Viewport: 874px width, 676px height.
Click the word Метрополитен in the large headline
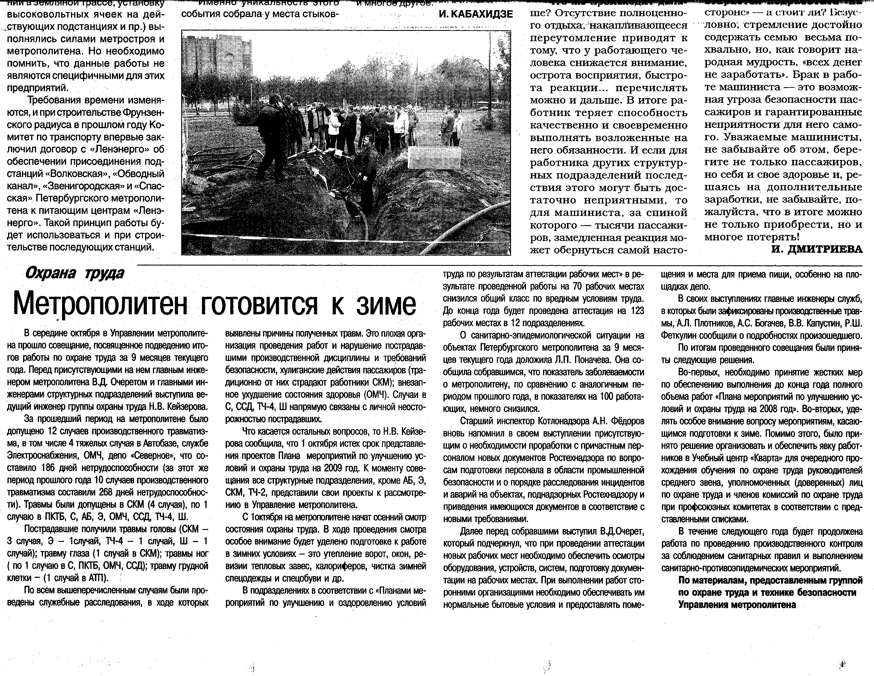(x=100, y=305)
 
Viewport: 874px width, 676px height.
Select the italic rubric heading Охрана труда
(x=74, y=273)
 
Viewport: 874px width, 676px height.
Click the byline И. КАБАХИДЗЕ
(x=476, y=14)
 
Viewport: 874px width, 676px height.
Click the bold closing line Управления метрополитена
(x=737, y=605)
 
